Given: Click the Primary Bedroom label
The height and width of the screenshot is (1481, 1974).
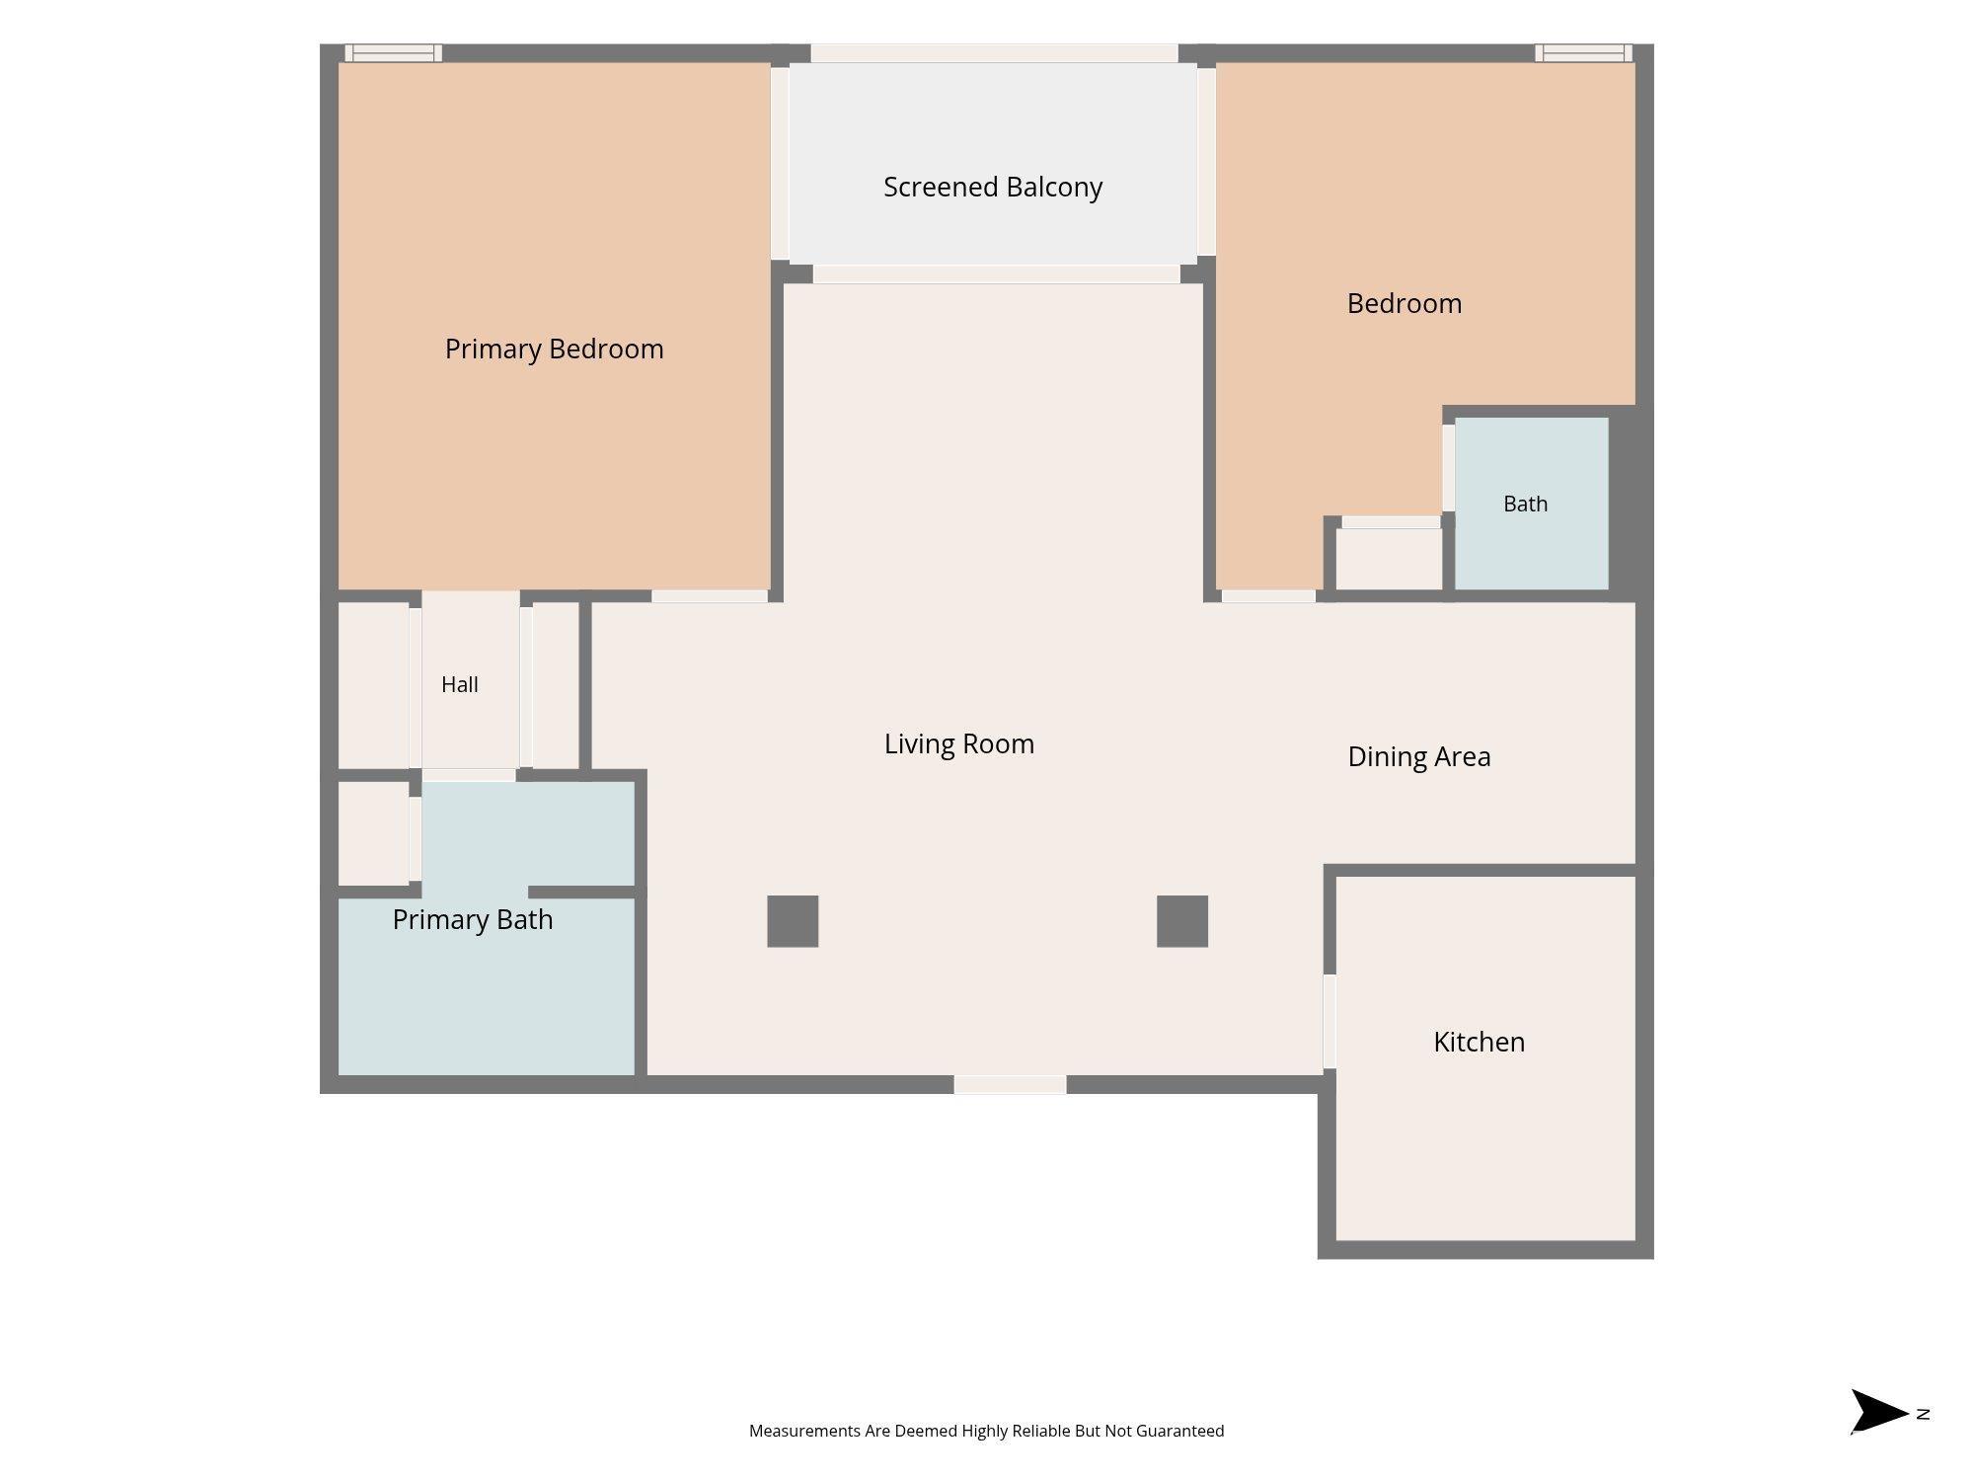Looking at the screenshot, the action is click(554, 350).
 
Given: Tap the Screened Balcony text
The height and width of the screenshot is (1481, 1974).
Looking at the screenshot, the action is click(993, 187).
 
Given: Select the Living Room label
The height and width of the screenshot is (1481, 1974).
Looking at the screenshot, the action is click(959, 744).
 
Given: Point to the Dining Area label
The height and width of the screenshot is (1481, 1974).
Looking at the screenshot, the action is click(1419, 757).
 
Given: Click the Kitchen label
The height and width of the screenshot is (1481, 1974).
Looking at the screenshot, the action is click(1480, 1042).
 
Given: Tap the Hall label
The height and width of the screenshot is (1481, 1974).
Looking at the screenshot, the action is click(460, 684).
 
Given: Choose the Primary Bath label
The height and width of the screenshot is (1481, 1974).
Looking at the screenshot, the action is click(473, 920).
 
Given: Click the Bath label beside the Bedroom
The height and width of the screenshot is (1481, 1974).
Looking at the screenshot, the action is click(1526, 504).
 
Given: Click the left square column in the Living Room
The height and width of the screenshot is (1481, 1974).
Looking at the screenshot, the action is click(793, 921).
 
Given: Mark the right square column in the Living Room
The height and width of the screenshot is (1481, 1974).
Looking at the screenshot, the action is click(1182, 921).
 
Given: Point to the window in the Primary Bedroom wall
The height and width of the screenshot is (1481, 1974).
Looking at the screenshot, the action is click(394, 53).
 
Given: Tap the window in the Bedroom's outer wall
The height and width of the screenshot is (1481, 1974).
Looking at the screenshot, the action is click(1584, 53).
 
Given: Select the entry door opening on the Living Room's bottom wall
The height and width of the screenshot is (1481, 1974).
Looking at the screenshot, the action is click(1010, 1085).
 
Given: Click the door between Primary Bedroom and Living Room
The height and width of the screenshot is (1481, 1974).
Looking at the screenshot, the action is click(710, 596).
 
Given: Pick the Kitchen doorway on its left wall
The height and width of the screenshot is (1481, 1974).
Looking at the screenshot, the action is click(1329, 1021).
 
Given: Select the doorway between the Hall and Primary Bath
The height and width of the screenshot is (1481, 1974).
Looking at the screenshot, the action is click(469, 776).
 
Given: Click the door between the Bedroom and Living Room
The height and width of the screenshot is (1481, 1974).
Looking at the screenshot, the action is click(1268, 596).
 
